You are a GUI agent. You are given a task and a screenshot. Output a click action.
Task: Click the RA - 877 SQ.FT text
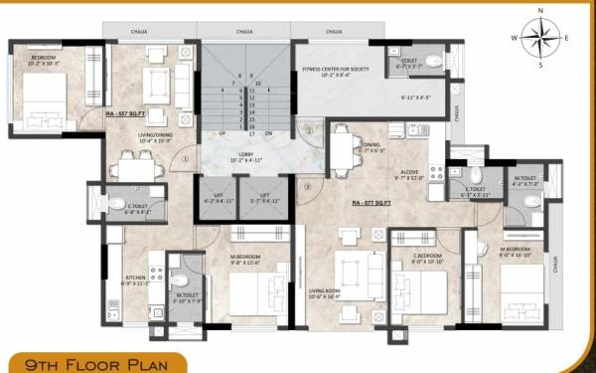[372, 202]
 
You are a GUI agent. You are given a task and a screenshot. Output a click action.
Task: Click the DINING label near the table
[372, 144]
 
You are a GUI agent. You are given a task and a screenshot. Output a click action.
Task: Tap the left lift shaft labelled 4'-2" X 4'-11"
[217, 195]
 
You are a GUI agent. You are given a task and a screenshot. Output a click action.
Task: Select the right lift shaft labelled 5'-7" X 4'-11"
[265, 195]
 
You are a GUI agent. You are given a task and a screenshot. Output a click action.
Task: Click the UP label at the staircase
[223, 132]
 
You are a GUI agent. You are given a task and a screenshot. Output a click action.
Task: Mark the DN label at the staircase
[268, 132]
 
